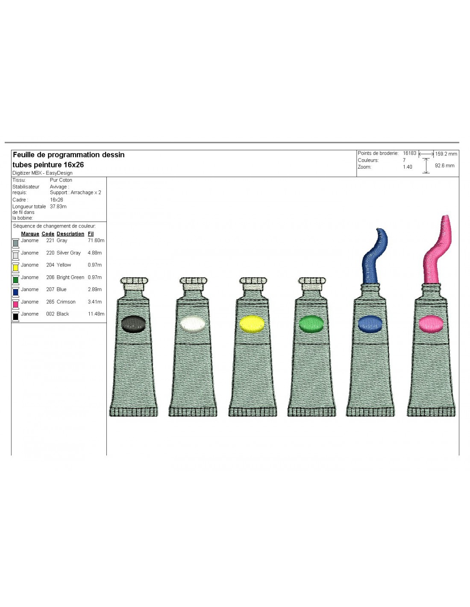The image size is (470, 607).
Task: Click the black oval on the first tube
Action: [133, 324]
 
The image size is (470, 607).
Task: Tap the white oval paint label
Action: [193, 324]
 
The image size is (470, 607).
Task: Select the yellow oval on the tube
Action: [252, 324]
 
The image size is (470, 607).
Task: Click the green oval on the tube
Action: [311, 324]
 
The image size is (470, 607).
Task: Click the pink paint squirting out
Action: [436, 251]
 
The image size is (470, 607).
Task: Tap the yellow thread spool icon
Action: [16, 267]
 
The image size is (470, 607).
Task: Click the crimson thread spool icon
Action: [16, 304]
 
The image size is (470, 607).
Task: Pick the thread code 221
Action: [50, 240]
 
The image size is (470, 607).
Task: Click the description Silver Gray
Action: [68, 253]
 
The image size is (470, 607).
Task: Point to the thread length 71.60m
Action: [96, 240]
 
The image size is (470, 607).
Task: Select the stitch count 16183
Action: [410, 153]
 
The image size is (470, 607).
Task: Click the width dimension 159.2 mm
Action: [446, 154]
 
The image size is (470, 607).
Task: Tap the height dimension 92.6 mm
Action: [444, 165]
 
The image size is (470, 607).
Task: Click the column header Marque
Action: [30, 233]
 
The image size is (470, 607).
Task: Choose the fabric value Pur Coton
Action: [61, 180]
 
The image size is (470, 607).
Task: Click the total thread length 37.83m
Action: [58, 207]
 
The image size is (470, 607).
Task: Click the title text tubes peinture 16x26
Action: [48, 165]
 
